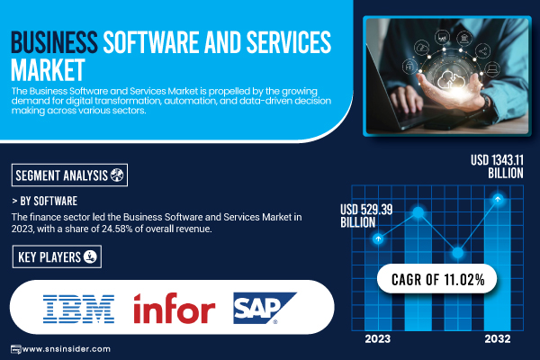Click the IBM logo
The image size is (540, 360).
pyautogui.click(x=78, y=309)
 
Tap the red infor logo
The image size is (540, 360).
pyautogui.click(x=175, y=309)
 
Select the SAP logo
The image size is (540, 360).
pyautogui.click(x=265, y=308)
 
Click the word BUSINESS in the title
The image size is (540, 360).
pyautogui.click(x=54, y=42)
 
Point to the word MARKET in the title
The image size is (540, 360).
pyautogui.click(x=48, y=70)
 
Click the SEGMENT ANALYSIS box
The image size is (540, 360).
pyautogui.click(x=69, y=175)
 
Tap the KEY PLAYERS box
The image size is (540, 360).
pyautogui.click(x=57, y=256)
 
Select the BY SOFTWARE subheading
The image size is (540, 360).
pyautogui.click(x=45, y=201)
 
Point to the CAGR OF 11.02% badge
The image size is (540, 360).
pyautogui.click(x=437, y=279)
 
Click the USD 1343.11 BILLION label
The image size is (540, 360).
pyautogui.click(x=497, y=166)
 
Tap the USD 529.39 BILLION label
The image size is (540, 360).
pyautogui.click(x=366, y=216)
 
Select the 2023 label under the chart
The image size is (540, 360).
pyautogui.click(x=378, y=339)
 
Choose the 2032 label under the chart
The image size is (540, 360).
pyautogui.click(x=498, y=339)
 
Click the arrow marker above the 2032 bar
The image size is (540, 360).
pyautogui.click(x=498, y=199)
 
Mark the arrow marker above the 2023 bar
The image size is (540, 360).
pyautogui.click(x=378, y=238)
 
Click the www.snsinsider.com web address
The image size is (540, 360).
pyautogui.click(x=66, y=349)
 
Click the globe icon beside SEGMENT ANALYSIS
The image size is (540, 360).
pyautogui.click(x=117, y=175)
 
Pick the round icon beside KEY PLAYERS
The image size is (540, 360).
pyautogui.click(x=90, y=256)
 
